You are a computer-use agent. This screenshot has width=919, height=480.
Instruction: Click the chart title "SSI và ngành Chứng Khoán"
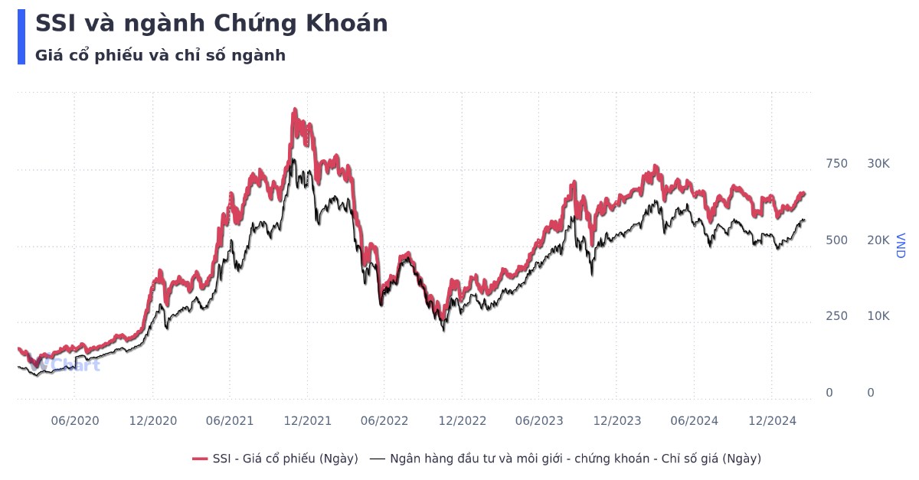pyautogui.click(x=211, y=24)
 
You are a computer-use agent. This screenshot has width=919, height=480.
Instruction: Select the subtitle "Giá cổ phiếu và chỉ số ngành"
pyautogui.click(x=160, y=55)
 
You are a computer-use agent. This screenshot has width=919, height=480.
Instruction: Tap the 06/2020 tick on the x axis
pyautogui.click(x=74, y=420)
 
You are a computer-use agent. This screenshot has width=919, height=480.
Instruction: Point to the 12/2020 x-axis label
pyautogui.click(x=152, y=420)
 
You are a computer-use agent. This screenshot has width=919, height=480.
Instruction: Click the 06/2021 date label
pyautogui.click(x=230, y=420)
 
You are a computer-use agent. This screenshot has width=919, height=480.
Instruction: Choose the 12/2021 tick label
pyautogui.click(x=307, y=420)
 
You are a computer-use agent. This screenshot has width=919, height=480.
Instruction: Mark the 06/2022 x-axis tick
pyautogui.click(x=384, y=420)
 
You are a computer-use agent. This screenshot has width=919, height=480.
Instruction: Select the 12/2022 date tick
pyautogui.click(x=462, y=420)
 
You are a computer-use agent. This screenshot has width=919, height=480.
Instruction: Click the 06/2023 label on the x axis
pyautogui.click(x=539, y=420)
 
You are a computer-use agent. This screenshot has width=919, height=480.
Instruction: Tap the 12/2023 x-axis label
pyautogui.click(x=616, y=420)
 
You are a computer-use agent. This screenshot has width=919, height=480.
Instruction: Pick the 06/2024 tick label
pyautogui.click(x=694, y=420)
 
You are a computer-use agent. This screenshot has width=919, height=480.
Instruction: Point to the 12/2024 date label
pyautogui.click(x=771, y=420)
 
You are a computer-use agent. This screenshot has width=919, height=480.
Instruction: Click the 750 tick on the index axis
pyautogui.click(x=836, y=164)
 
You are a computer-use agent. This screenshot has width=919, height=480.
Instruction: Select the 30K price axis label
pyautogui.click(x=878, y=164)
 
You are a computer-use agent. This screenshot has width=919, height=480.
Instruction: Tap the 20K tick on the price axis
pyautogui.click(x=878, y=240)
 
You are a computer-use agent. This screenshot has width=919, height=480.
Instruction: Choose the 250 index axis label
pyautogui.click(x=836, y=316)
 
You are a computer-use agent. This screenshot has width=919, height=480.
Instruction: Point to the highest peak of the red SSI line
pyautogui.click(x=295, y=112)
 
